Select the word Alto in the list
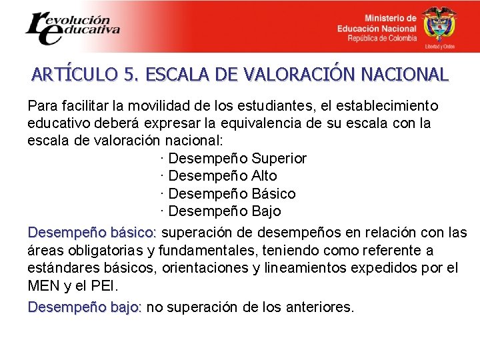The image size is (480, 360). [264, 176]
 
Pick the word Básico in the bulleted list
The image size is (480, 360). [273, 194]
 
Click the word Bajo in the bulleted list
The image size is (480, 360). [266, 211]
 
